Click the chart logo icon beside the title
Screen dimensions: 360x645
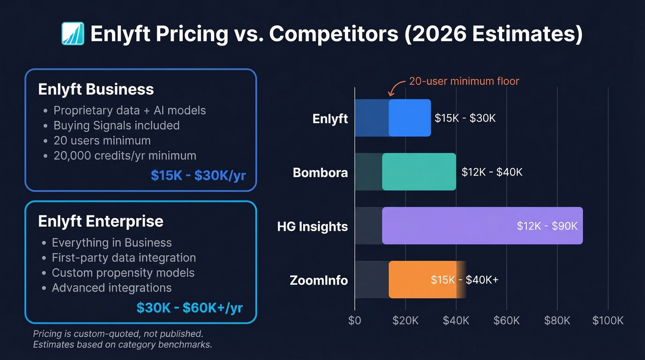73,34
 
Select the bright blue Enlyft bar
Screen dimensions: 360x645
410,118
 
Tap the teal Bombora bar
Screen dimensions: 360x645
419,171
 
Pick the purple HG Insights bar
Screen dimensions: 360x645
482,225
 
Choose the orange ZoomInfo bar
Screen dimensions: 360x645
422,279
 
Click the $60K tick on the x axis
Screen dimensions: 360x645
506,320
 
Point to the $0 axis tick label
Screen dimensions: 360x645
355,320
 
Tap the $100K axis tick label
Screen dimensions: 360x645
608,320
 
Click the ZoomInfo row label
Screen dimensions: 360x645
319,280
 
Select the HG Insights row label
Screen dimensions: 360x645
312,226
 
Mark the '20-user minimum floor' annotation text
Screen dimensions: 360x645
464,82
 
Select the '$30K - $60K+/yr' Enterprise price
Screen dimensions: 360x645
189,307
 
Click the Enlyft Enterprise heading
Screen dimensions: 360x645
100,221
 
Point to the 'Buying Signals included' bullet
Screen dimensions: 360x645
117,125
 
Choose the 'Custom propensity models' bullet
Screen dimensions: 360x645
123,273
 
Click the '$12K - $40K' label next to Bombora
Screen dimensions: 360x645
492,172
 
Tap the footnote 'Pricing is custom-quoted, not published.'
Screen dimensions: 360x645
118,333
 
